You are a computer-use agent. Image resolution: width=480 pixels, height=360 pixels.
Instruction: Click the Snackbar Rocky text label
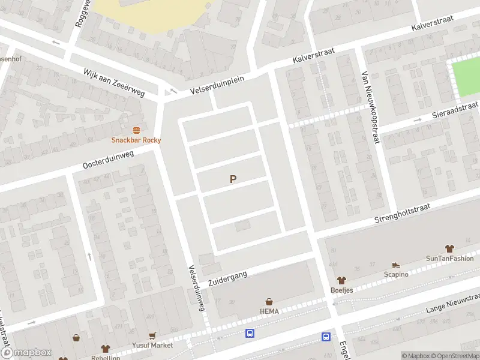tap(136, 140)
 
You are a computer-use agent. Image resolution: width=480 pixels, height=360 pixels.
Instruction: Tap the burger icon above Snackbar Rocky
tap(136, 130)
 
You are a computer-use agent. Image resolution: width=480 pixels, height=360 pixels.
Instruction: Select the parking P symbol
tap(233, 179)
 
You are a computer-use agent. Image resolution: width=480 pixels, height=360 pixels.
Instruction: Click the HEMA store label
tap(269, 311)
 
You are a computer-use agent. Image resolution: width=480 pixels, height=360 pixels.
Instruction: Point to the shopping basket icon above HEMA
tap(269, 302)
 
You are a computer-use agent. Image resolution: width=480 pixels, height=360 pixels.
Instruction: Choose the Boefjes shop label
tap(342, 290)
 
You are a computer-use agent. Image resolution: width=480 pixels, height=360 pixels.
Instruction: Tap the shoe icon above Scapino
tap(395, 265)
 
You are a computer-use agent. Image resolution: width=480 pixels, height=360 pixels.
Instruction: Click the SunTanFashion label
tap(449, 259)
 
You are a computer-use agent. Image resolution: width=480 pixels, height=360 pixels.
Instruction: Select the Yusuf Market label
tap(153, 346)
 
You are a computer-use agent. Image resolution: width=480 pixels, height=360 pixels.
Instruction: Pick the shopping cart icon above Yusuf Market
tap(153, 336)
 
